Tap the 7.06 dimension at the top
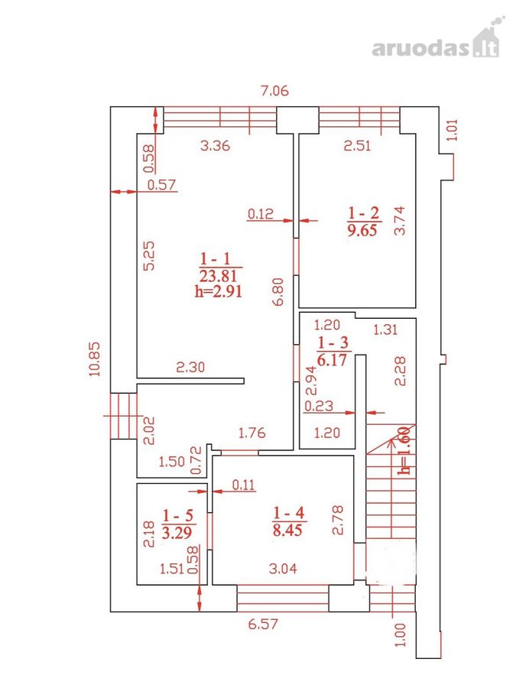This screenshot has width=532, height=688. (274, 91)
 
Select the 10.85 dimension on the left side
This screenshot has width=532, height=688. (94, 359)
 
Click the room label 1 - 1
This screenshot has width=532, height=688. (216, 258)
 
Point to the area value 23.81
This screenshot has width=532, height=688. (218, 275)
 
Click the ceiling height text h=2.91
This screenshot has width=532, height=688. (219, 291)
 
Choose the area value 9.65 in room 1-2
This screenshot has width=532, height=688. (362, 230)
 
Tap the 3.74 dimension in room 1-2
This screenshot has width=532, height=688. (400, 221)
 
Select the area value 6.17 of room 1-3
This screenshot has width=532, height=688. (332, 359)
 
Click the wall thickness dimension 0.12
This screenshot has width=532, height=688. (261, 214)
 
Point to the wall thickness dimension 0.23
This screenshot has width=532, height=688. (319, 406)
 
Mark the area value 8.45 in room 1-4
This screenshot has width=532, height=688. (287, 530)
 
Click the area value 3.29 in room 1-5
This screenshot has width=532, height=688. (177, 532)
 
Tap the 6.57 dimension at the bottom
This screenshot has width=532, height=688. (263, 624)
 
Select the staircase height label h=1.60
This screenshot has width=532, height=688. (405, 450)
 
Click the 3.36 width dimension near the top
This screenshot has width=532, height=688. (215, 145)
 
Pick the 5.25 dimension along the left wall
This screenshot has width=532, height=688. (150, 256)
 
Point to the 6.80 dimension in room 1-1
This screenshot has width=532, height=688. (278, 291)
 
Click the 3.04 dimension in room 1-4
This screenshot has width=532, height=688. (283, 569)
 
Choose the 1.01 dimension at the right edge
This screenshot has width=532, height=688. (453, 130)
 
